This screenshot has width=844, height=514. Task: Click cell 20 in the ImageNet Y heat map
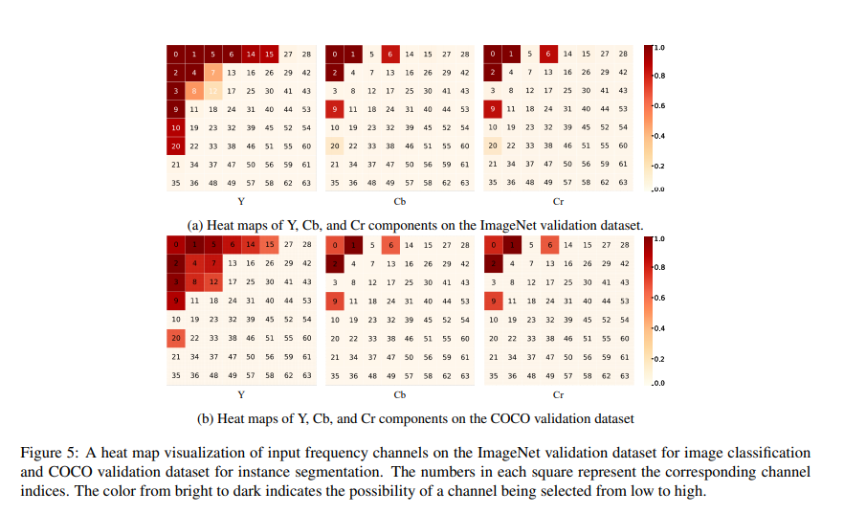tap(176, 145)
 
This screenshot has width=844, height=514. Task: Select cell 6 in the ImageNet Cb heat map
tap(390, 55)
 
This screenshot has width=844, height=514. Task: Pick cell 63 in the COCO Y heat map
tap(306, 375)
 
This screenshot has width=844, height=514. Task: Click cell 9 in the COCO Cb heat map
tap(334, 302)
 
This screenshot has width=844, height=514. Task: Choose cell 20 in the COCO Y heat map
tap(176, 338)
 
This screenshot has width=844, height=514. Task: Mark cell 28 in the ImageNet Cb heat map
tap(464, 55)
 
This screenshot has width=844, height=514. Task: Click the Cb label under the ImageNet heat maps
tap(400, 202)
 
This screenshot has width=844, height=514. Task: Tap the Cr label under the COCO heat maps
tap(558, 393)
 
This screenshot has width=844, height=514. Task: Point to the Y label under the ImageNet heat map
tap(241, 202)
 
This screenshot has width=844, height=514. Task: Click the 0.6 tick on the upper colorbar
tap(659, 106)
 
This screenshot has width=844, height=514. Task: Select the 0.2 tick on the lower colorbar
tap(659, 359)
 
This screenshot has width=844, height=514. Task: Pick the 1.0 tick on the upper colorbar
tap(659, 47)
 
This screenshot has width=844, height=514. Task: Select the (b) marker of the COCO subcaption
tap(206, 418)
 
